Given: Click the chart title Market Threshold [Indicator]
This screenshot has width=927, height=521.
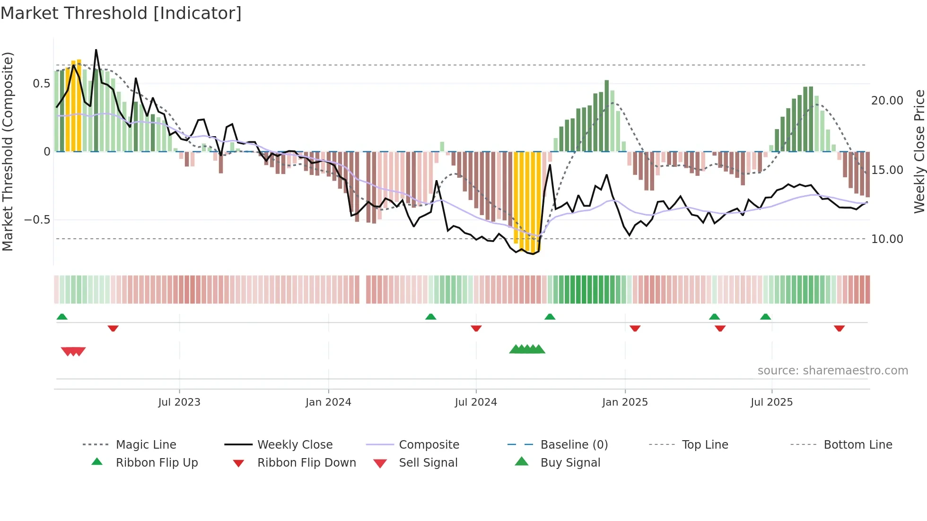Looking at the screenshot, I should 121,13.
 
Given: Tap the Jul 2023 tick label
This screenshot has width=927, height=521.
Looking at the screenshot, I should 179,402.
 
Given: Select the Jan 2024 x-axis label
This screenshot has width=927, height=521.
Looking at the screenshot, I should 328,402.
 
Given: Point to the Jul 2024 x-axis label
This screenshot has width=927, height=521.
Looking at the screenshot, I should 476,402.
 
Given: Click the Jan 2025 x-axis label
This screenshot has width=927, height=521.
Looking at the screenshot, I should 625,402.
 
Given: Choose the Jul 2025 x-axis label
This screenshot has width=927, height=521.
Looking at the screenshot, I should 771,402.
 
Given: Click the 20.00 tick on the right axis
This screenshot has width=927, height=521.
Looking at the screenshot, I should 887,101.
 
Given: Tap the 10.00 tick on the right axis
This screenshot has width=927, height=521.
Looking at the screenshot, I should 887,239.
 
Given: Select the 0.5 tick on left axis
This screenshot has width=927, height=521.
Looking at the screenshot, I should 41,84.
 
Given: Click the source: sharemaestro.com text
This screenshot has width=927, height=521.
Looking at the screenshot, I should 832,371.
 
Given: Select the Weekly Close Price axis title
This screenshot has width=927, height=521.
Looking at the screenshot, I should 919,151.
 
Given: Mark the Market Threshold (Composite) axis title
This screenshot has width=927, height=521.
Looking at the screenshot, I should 8,151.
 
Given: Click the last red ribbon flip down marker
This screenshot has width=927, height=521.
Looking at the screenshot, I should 839,329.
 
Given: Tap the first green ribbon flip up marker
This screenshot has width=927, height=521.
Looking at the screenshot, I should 62,317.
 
